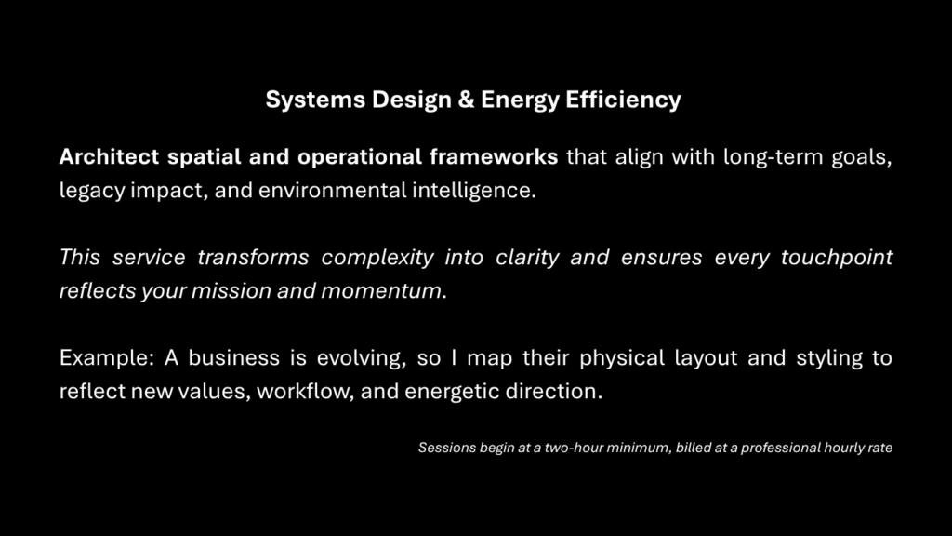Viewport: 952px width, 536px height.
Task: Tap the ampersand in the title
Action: (x=466, y=100)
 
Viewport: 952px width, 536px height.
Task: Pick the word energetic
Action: (x=451, y=391)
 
